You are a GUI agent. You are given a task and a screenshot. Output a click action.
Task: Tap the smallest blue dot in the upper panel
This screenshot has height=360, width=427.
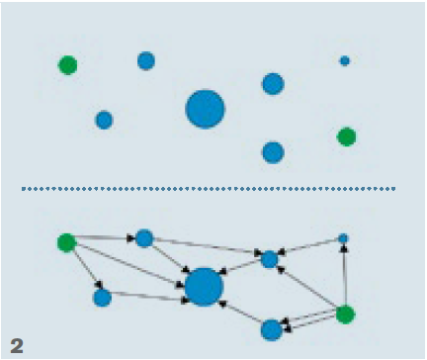pyautogui.click(x=344, y=60)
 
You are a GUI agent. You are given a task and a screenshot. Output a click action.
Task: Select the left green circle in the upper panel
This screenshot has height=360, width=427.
pyautogui.click(x=67, y=65)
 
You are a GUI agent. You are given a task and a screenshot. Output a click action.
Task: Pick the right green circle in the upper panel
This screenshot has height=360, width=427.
pyautogui.click(x=346, y=136)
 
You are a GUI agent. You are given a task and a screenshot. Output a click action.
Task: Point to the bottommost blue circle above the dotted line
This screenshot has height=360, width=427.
pyautogui.click(x=273, y=152)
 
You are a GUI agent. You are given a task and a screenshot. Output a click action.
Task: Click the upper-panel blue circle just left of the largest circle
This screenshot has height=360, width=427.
pyautogui.click(x=104, y=120)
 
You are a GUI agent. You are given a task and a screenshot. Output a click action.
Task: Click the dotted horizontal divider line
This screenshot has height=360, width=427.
pyautogui.click(x=208, y=188)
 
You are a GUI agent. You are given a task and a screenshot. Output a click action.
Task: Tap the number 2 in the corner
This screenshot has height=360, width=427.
pyautogui.click(x=16, y=344)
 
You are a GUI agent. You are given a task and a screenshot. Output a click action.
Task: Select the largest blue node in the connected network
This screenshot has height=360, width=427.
pyautogui.click(x=204, y=287)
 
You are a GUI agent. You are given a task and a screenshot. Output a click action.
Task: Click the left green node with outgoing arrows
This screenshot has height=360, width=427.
pyautogui.click(x=66, y=241)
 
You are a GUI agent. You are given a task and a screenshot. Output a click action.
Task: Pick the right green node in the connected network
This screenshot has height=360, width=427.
pyautogui.click(x=345, y=315)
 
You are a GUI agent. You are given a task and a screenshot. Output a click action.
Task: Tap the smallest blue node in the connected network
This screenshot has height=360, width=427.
pyautogui.click(x=343, y=238)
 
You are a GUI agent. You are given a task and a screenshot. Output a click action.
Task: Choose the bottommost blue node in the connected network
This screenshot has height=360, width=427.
pyautogui.click(x=272, y=329)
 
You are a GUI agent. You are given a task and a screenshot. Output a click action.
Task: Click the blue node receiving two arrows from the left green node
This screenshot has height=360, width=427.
pyautogui.click(x=144, y=237)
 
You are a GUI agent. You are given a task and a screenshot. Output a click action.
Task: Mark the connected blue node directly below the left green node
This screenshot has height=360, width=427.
pyautogui.click(x=102, y=297)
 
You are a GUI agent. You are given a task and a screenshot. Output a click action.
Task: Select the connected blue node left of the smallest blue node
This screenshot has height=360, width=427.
pyautogui.click(x=269, y=259)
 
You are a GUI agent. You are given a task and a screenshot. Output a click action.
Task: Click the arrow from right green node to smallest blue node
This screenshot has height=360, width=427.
pyautogui.click(x=344, y=277)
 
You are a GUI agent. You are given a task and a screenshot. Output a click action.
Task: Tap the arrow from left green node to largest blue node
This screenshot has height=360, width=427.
pyautogui.click(x=128, y=262)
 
